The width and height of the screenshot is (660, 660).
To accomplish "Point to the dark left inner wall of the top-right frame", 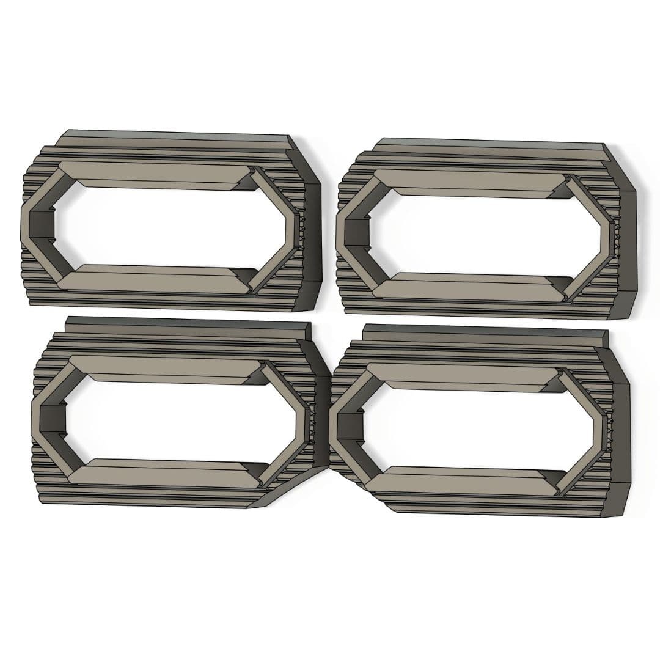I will click(x=354, y=233).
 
